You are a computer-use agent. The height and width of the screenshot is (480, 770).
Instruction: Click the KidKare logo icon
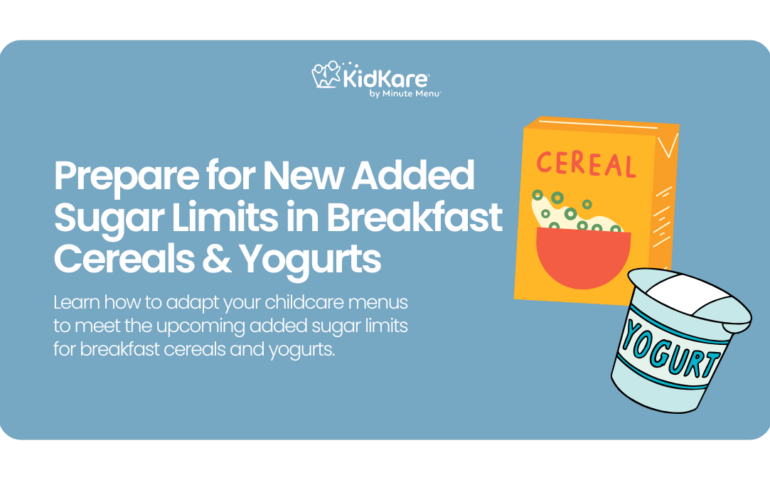pyautogui.click(x=326, y=75)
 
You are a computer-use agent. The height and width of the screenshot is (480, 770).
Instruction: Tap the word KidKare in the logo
pyautogui.click(x=386, y=78)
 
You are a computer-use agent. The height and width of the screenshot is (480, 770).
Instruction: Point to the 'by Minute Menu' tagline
pyautogui.click(x=405, y=93)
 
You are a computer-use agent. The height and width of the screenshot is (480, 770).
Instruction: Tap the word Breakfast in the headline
pyautogui.click(x=414, y=217)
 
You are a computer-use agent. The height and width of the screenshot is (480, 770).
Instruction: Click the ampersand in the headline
pyautogui.click(x=216, y=259)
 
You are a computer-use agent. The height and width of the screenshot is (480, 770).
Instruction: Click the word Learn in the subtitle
pyautogui.click(x=76, y=303)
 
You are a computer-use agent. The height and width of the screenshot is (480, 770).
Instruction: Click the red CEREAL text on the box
pyautogui.click(x=586, y=165)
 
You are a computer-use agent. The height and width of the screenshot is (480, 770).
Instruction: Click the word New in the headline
pyautogui.click(x=303, y=175)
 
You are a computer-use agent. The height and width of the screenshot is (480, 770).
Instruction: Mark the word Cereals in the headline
pyautogui.click(x=124, y=259)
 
